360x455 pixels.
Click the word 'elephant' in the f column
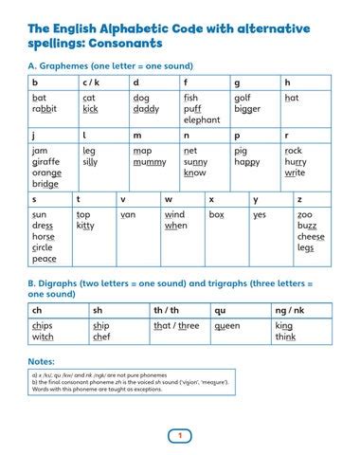click(x=202, y=120)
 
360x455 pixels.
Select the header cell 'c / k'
click(x=94, y=82)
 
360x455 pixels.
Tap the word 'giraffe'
click(x=45, y=162)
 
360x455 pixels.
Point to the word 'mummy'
click(x=149, y=162)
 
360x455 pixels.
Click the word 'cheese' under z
click(x=311, y=237)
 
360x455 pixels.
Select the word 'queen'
click(x=227, y=325)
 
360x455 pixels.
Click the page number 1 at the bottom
click(x=179, y=435)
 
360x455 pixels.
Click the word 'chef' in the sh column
click(x=100, y=337)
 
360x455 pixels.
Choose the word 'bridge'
click(x=45, y=184)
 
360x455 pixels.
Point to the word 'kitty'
click(x=85, y=227)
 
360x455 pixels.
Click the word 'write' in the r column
click(x=295, y=173)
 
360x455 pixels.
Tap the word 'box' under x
click(x=216, y=215)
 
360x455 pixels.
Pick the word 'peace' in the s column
click(x=44, y=259)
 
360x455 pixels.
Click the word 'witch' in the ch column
click(x=43, y=337)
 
